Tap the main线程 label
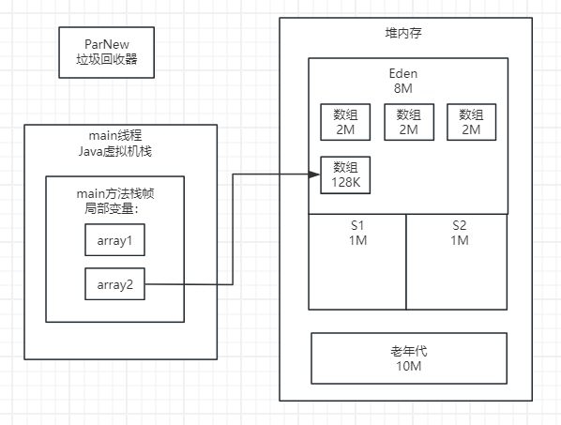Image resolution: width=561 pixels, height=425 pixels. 114,137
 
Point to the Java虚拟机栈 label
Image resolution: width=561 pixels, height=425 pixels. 114,152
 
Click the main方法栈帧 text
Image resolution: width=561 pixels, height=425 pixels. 114,193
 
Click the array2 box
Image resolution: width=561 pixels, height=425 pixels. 114,283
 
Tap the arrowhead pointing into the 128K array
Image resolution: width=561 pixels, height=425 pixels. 315,174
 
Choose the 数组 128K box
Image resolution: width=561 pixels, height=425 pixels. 344,174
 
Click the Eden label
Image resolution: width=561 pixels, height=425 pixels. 408,73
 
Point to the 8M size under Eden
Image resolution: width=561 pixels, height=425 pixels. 408,88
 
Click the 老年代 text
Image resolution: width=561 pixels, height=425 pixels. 408,351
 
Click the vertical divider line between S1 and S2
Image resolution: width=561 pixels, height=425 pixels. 406,272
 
